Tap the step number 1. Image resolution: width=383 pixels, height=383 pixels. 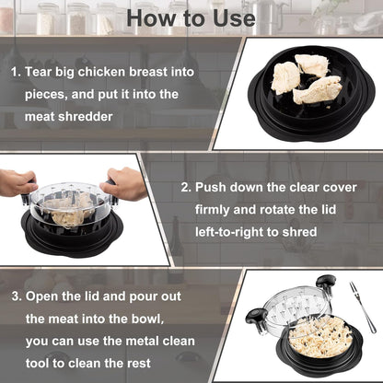tap(15, 71)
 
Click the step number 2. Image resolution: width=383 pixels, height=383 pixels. tap(185, 187)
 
